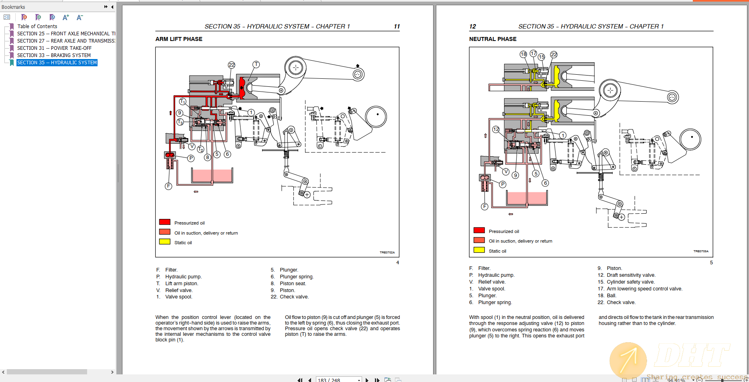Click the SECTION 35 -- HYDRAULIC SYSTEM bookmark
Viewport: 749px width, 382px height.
(x=57, y=63)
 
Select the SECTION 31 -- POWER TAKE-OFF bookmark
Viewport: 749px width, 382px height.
(x=54, y=48)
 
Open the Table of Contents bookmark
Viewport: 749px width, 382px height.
(x=37, y=27)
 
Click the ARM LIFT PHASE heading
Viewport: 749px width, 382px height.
(x=179, y=39)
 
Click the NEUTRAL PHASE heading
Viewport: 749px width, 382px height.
(x=493, y=39)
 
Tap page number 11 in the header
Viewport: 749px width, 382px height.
(x=397, y=27)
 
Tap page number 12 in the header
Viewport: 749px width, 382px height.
(x=472, y=27)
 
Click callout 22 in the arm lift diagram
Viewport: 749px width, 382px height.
(x=232, y=65)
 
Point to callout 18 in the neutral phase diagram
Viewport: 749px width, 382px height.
(x=523, y=54)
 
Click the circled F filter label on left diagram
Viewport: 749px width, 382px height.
(x=169, y=186)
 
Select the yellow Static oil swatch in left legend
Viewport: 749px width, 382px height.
(x=165, y=242)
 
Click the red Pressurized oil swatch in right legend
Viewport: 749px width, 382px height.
(x=479, y=231)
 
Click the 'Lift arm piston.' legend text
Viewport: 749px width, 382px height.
(x=181, y=284)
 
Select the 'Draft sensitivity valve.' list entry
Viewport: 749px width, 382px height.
(x=631, y=275)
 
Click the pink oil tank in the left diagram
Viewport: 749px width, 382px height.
(x=212, y=176)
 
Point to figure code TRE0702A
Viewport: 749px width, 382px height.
(x=387, y=253)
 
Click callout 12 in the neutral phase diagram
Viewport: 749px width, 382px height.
(x=496, y=129)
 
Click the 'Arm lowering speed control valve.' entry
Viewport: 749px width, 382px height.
(x=644, y=289)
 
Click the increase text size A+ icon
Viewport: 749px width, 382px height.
(x=66, y=17)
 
